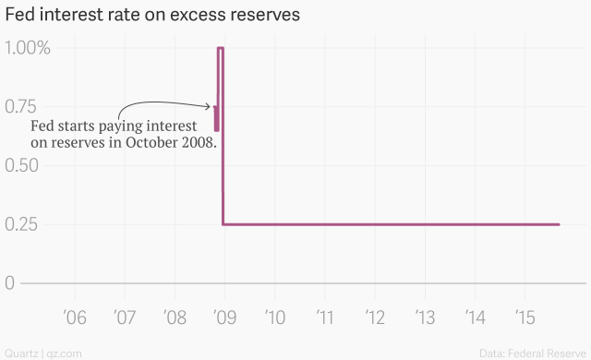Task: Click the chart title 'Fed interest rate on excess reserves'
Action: pos(152,16)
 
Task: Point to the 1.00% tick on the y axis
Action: pos(30,48)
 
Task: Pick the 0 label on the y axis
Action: pos(10,283)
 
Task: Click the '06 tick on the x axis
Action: pos(74,318)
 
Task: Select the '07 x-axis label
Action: pos(124,318)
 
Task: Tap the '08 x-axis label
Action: pos(174,318)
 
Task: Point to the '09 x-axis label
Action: pos(224,318)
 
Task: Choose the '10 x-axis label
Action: pos(274,318)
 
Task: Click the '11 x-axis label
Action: pos(324,318)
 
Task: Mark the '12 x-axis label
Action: pos(374,318)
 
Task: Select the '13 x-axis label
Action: pos(424,318)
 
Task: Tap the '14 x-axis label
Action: pos(474,318)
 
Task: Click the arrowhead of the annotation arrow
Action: pos(210,107)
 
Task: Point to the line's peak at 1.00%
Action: pos(221,48)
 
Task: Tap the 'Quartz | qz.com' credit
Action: pos(43,353)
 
